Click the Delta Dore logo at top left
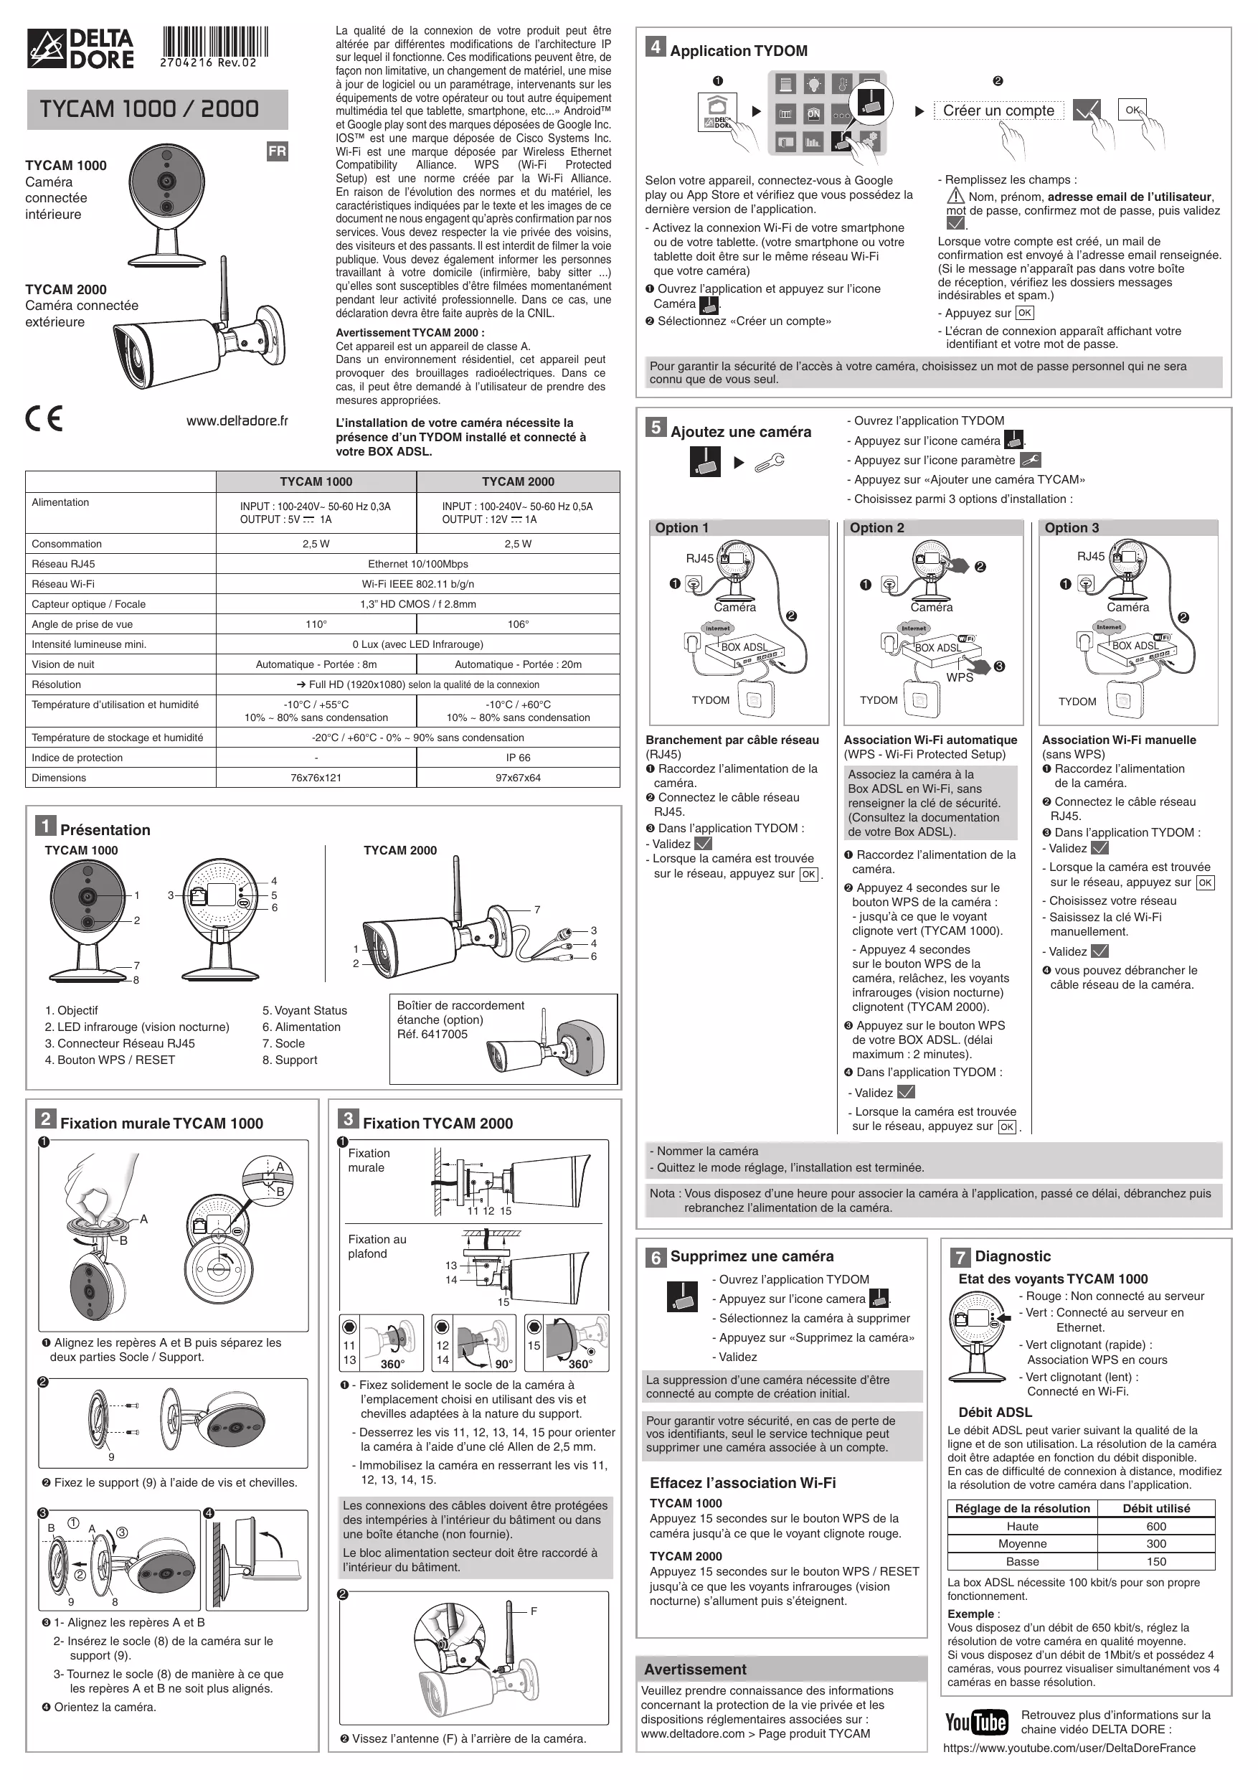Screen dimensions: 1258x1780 [80, 49]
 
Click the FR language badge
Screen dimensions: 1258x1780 [277, 152]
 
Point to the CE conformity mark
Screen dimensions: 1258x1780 [44, 419]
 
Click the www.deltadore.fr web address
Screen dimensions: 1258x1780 [237, 421]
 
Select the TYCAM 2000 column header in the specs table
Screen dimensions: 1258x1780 [518, 481]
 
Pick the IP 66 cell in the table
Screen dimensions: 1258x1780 [518, 758]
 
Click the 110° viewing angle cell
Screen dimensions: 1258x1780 [316, 624]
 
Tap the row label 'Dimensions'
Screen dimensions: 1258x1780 [59, 778]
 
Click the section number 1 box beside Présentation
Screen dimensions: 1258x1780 [46, 827]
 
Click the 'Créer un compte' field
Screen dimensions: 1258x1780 [998, 111]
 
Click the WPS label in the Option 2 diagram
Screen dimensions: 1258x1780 [960, 677]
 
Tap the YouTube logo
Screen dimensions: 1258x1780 [976, 1723]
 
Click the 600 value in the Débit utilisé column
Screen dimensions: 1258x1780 [1156, 1527]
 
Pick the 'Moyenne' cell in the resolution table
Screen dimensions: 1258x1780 [1022, 1543]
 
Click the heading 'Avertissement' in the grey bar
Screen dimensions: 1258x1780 [695, 1669]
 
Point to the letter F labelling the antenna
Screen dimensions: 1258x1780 [534, 1611]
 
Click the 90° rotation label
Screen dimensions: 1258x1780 [503, 1365]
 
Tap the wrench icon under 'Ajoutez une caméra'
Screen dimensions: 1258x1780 [769, 463]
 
